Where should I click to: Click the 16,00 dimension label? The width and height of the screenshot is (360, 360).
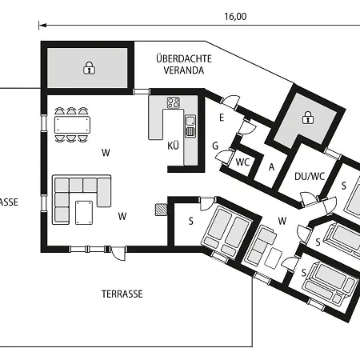pyautogui.click(x=235, y=17)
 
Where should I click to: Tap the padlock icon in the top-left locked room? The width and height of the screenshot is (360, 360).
pyautogui.click(x=90, y=68)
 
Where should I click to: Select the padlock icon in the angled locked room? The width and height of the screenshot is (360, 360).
pyautogui.click(x=308, y=118)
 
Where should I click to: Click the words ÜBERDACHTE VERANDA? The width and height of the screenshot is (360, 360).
pyautogui.click(x=184, y=64)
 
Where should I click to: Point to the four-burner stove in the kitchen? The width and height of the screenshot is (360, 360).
pyautogui.click(x=174, y=102)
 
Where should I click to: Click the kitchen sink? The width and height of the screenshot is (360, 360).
pyautogui.click(x=190, y=126)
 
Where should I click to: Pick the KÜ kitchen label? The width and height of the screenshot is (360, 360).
pyautogui.click(x=173, y=146)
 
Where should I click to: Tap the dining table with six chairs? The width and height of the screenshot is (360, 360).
pyautogui.click(x=72, y=125)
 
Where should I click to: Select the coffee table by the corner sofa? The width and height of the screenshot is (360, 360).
pyautogui.click(x=84, y=213)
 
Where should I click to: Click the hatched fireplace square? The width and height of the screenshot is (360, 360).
pyautogui.click(x=161, y=210)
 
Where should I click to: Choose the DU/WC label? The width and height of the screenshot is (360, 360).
pyautogui.click(x=310, y=176)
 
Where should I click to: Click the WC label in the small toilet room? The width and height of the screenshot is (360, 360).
pyautogui.click(x=242, y=162)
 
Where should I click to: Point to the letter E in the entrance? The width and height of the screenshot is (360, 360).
pyautogui.click(x=222, y=118)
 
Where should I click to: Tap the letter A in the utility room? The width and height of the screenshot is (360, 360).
pyautogui.click(x=271, y=167)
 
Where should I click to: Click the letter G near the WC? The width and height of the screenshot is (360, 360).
pyautogui.click(x=215, y=146)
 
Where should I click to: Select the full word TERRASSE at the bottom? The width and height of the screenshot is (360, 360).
pyautogui.click(x=122, y=294)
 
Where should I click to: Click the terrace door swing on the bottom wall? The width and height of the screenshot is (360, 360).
pyautogui.click(x=118, y=254)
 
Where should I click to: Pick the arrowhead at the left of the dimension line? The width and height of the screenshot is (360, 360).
pyautogui.click(x=43, y=26)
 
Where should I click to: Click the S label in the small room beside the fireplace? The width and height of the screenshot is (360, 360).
pyautogui.click(x=191, y=221)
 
